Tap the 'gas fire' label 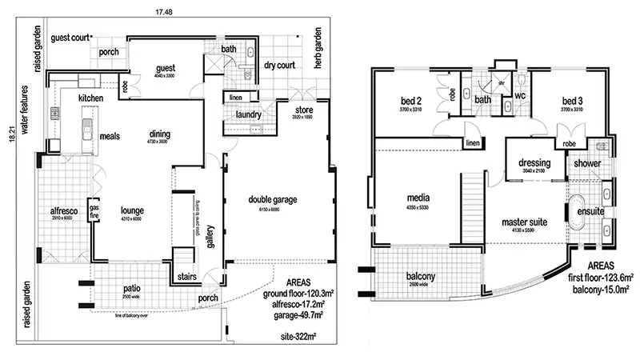94,209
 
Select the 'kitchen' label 93,98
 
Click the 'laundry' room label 239,114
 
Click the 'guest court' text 70,38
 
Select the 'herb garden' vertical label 318,48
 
